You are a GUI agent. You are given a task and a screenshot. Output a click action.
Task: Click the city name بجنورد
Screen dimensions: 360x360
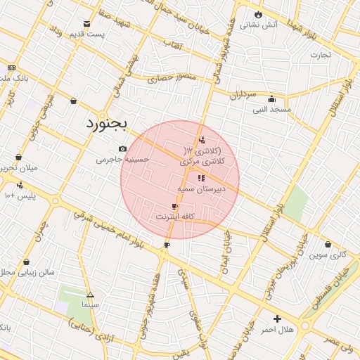click(x=106, y=124)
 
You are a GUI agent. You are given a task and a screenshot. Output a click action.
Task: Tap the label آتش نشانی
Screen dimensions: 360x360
click(x=259, y=25)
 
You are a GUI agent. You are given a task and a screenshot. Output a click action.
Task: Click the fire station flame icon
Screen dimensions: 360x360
click(x=259, y=13)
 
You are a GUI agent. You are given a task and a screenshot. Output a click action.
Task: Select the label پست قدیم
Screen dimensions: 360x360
click(x=87, y=34)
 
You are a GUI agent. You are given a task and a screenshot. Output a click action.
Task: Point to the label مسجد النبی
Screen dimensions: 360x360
click(x=271, y=110)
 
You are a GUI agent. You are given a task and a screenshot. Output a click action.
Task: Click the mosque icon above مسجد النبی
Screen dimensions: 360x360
click(x=271, y=99)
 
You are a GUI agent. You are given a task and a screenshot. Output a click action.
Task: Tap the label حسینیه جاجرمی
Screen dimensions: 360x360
click(x=123, y=160)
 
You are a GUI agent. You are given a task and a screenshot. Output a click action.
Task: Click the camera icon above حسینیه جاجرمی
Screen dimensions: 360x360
click(x=123, y=148)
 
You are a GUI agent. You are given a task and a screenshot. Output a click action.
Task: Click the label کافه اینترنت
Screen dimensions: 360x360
click(x=174, y=217)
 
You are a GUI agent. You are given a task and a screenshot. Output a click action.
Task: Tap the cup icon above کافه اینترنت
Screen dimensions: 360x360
click(x=174, y=206)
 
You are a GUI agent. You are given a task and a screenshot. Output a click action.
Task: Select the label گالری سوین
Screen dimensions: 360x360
click(x=329, y=255)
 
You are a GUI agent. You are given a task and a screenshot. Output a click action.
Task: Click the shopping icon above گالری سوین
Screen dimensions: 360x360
click(x=328, y=245)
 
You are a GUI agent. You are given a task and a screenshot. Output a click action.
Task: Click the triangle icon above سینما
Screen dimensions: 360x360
click(x=90, y=295)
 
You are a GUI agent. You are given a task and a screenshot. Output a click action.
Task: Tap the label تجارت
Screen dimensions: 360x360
click(x=320, y=54)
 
